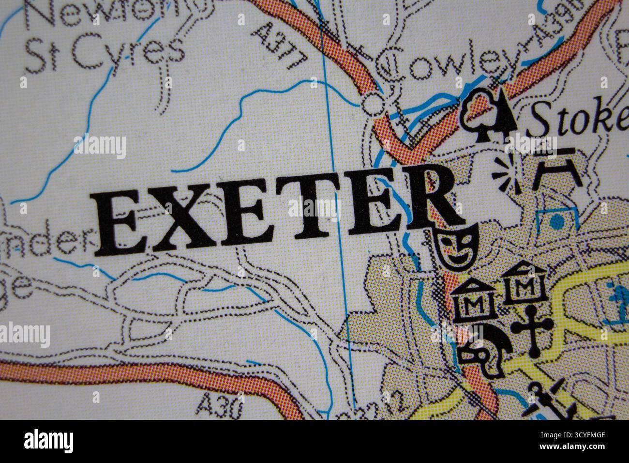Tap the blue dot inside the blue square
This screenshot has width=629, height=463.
tap(557, 222)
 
